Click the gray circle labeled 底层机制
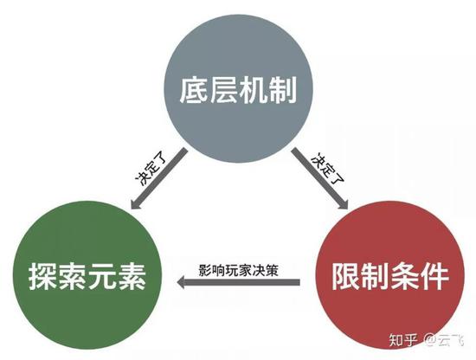point(238,88)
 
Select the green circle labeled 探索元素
point(87,275)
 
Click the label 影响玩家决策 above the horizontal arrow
point(238,270)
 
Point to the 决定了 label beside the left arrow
point(151,171)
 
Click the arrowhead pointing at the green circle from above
point(136,203)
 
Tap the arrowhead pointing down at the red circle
point(343,203)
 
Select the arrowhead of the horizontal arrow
point(181,282)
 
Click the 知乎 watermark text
point(403,340)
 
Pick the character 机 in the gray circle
point(253,90)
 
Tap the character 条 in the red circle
point(405,276)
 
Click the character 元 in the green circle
point(101,277)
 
